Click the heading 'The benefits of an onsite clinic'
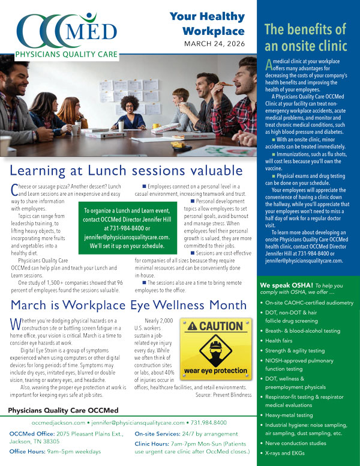pos(305,37)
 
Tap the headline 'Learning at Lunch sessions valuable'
pos(126,169)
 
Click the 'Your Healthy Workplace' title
pos(207,24)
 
